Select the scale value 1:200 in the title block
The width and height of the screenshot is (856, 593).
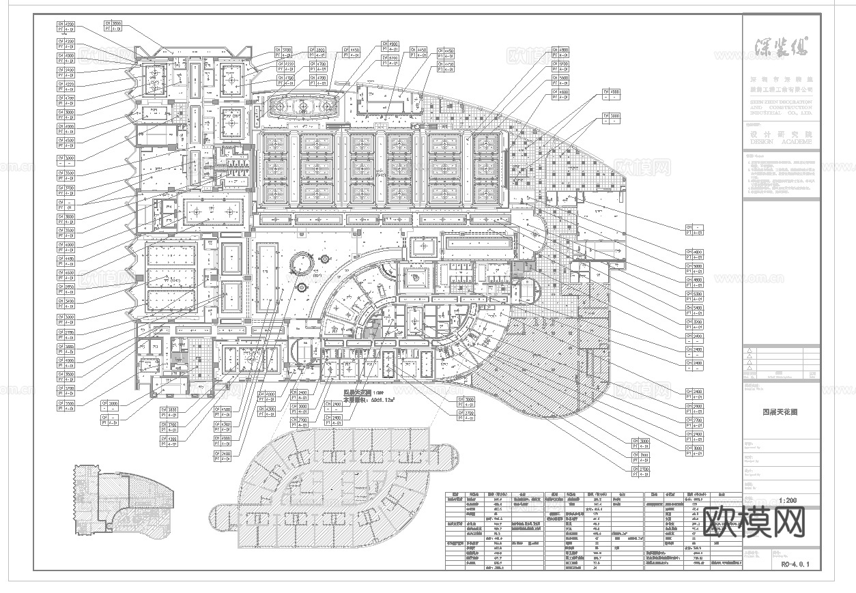point(787,500)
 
